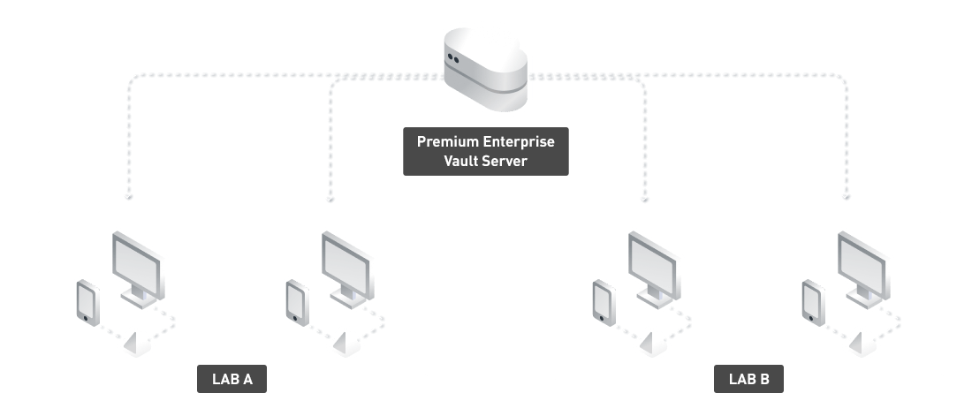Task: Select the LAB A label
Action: pos(232,380)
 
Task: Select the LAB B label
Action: pos(748,380)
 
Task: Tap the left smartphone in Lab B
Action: pos(603,300)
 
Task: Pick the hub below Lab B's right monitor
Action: pos(859,340)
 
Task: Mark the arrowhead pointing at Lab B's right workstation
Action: pos(847,197)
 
